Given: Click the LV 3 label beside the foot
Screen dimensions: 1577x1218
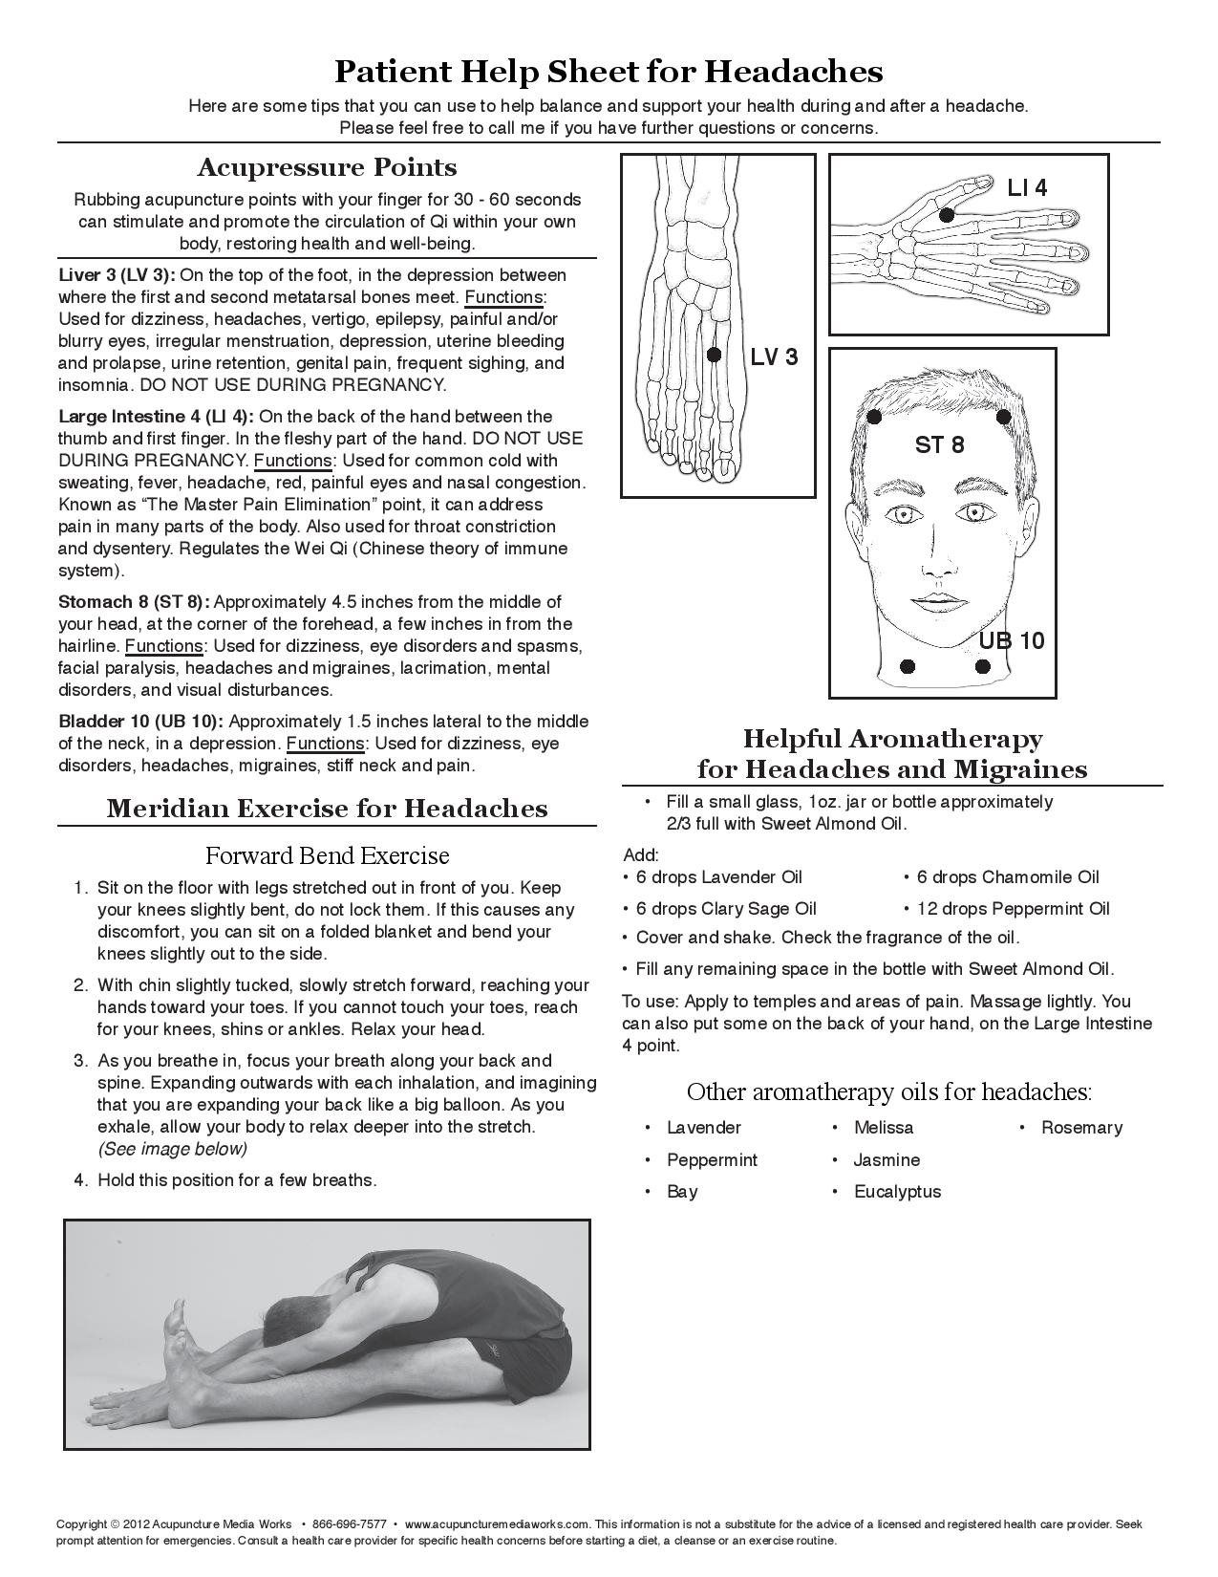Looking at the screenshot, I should (x=774, y=357).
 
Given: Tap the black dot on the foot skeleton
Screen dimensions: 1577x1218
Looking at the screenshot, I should (x=713, y=355).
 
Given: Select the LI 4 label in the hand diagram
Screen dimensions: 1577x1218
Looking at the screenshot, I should (x=1027, y=188).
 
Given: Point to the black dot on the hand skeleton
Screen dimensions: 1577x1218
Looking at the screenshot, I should (x=946, y=216).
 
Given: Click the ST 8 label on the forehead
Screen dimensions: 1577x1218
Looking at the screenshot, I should (x=939, y=444).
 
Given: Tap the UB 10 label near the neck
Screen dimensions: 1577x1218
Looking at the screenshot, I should (x=1011, y=640).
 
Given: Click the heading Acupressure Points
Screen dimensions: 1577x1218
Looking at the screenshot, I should (x=327, y=168).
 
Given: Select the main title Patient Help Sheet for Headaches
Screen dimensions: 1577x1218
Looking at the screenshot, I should (x=609, y=72).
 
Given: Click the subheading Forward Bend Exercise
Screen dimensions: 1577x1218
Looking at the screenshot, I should (x=327, y=854).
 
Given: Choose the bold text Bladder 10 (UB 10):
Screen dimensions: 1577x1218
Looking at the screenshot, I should (x=141, y=722).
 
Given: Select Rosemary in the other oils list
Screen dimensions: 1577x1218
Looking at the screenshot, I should (x=1081, y=1128).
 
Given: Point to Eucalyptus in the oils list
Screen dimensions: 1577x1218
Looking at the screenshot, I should (x=897, y=1192).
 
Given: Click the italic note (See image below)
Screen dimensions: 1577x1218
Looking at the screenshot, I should (x=172, y=1148).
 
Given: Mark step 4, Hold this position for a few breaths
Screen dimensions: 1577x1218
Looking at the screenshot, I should (x=237, y=1180).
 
